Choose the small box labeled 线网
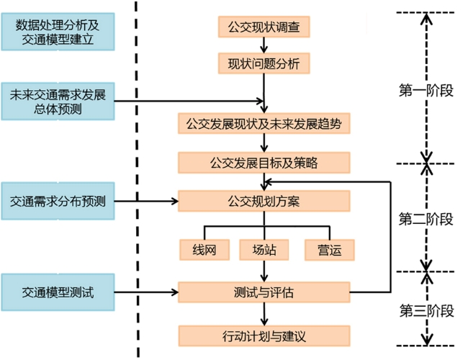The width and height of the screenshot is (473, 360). (204, 250)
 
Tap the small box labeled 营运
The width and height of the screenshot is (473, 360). (328, 250)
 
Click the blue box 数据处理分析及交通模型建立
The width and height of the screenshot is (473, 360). (58, 30)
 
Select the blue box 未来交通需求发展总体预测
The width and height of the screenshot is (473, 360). (58, 102)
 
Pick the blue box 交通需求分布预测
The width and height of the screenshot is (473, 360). (58, 201)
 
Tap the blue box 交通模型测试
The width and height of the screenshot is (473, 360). (58, 292)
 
